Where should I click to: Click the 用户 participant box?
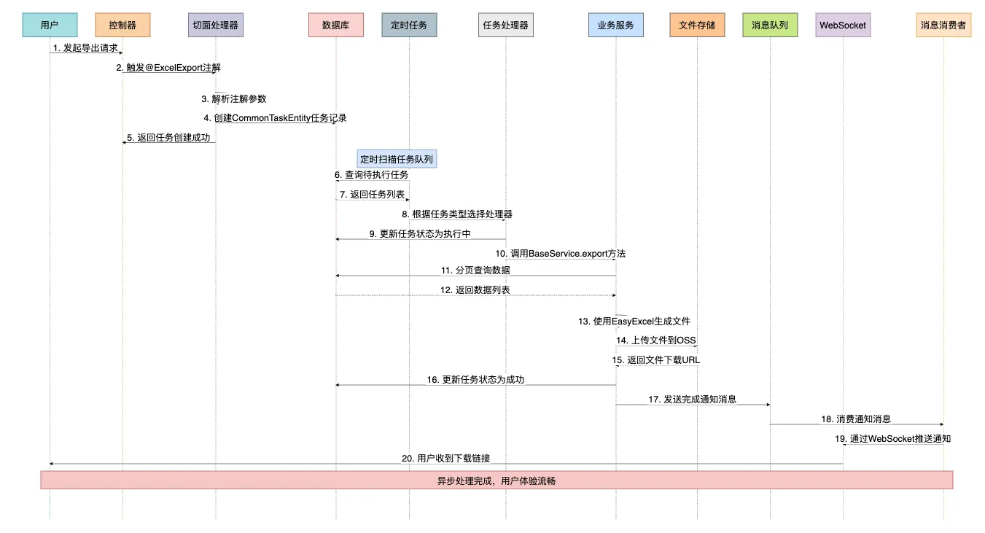coord(50,26)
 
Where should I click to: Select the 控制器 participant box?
coord(122,26)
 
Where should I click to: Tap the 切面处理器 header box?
coord(215,26)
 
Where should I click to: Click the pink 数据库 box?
coord(336,26)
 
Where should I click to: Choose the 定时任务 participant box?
coord(409,26)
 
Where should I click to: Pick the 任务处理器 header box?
coord(505,26)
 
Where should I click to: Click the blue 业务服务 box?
coord(615,26)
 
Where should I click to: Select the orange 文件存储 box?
coord(697,26)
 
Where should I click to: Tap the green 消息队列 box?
coord(770,26)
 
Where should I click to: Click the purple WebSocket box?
coord(843,26)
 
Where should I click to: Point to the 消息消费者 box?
coord(943,26)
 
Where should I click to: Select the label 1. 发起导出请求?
coord(85,48)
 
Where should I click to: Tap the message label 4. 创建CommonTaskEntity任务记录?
coord(275,118)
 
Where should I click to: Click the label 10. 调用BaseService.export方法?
coord(560,254)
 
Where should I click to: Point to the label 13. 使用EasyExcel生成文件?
coord(634,321)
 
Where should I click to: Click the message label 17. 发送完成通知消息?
coord(692,400)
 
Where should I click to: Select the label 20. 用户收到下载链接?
coord(445,459)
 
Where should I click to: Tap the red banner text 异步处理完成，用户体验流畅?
coord(497,481)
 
